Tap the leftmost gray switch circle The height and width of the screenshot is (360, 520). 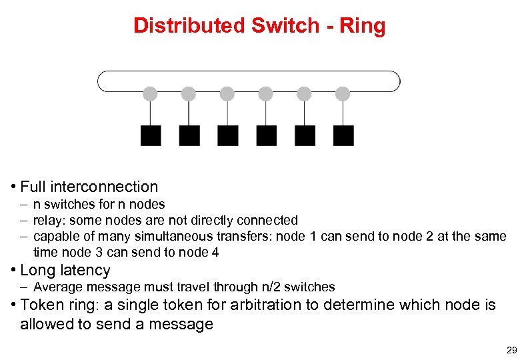[151, 93]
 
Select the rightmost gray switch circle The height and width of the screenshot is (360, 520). [343, 93]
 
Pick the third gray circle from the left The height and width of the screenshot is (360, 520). [227, 93]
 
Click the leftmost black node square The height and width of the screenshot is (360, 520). [151, 135]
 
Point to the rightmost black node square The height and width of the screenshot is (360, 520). [343, 135]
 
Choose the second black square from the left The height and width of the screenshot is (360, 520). [189, 135]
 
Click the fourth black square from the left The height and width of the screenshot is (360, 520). [267, 135]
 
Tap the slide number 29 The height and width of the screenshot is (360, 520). [511, 350]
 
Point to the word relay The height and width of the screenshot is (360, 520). [47, 220]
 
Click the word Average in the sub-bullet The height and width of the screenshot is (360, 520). [57, 287]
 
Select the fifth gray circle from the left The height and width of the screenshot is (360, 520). [305, 93]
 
